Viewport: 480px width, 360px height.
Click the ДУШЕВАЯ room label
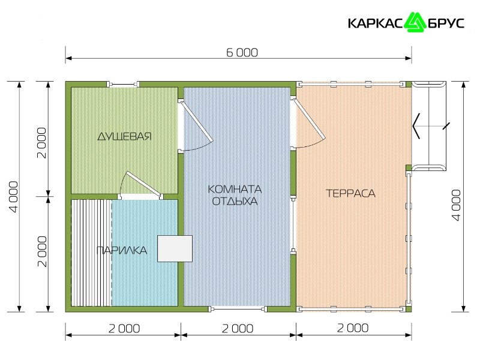[125, 136]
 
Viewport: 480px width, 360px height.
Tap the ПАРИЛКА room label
[122, 250]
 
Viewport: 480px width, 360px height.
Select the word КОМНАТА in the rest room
[235, 189]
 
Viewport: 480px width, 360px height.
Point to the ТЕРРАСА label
[350, 193]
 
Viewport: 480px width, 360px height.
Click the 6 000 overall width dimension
[242, 53]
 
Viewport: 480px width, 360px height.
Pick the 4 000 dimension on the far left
[14, 197]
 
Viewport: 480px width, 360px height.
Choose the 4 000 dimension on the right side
[456, 205]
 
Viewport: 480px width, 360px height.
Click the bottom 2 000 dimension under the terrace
[353, 328]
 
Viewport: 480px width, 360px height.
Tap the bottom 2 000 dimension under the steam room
[124, 329]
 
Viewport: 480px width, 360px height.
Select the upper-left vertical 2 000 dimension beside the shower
[41, 143]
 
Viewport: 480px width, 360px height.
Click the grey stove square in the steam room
[175, 248]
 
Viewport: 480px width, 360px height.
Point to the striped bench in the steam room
[91, 253]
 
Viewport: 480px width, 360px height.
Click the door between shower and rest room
[196, 125]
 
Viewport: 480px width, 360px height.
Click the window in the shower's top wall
[123, 84]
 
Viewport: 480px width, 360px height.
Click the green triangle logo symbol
[415, 22]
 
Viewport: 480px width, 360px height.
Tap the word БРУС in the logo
[446, 23]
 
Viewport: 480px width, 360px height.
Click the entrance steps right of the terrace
[428, 126]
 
